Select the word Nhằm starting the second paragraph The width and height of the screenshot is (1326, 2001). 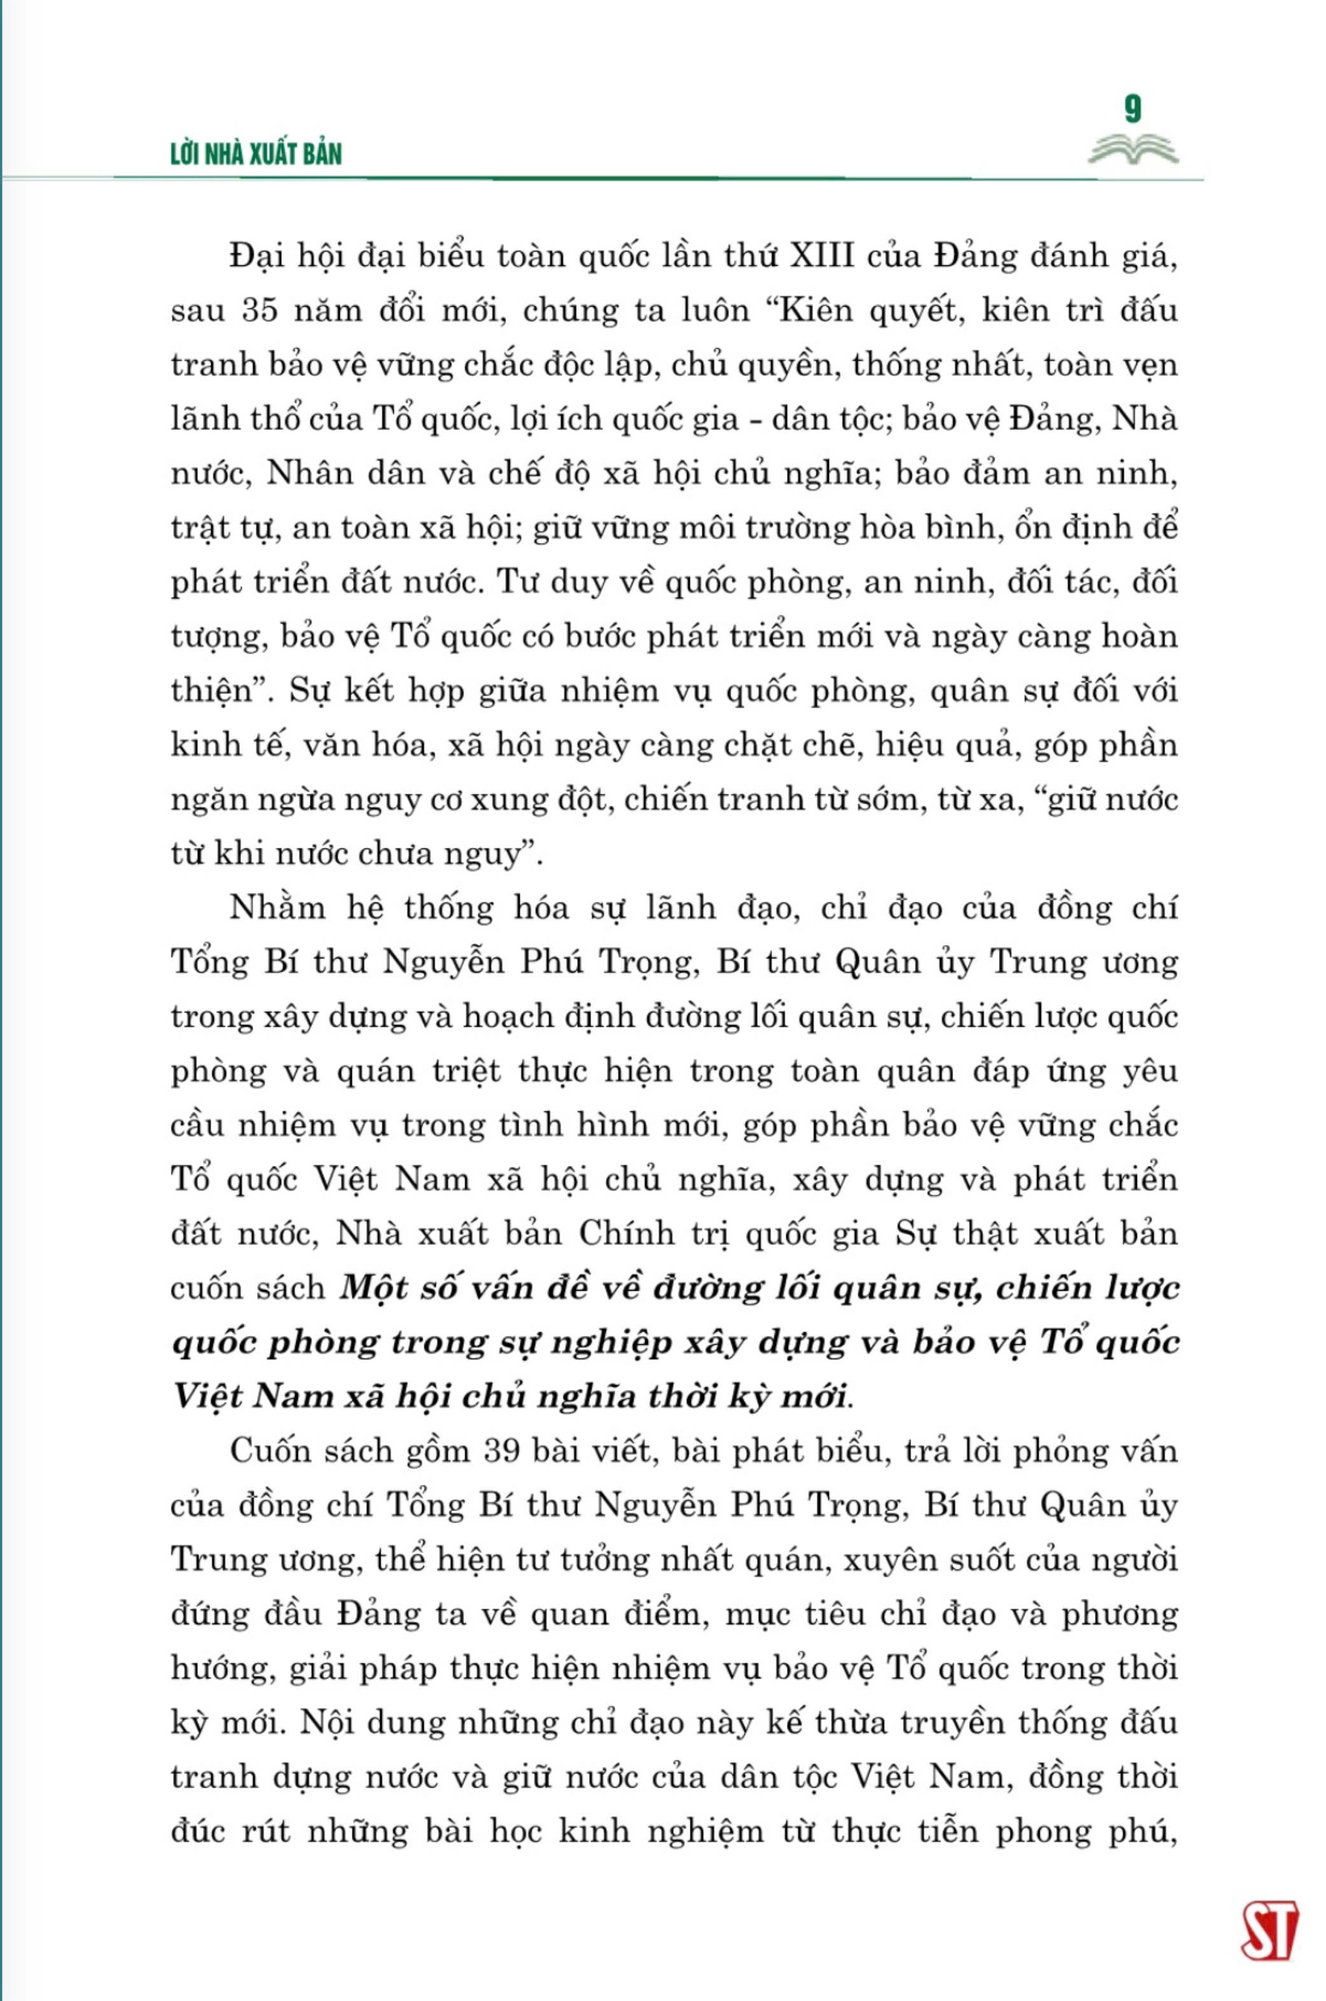(x=277, y=908)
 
